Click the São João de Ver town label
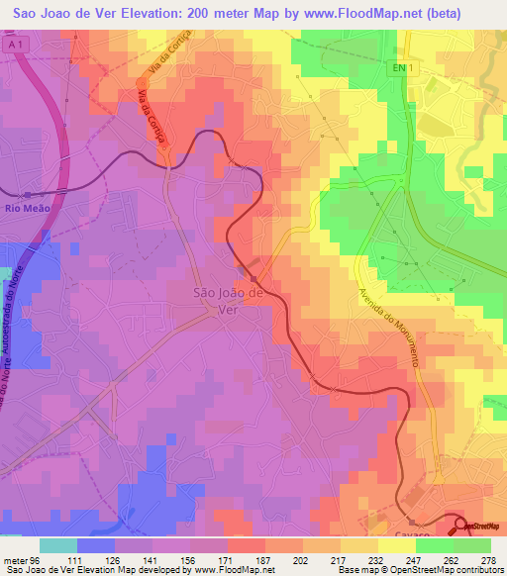(x=227, y=299)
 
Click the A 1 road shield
(x=14, y=45)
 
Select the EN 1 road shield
(x=398, y=67)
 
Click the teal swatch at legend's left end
(x=58, y=545)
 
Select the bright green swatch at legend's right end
(x=471, y=545)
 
